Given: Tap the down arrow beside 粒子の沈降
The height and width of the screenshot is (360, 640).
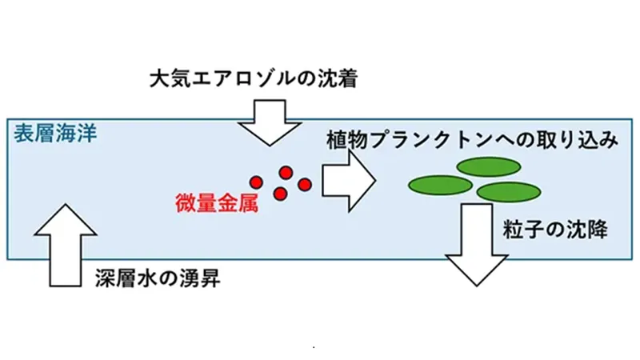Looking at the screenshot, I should click(476, 244).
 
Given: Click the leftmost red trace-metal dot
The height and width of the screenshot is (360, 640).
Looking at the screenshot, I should click(256, 181).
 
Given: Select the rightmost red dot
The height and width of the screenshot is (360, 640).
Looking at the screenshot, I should click(304, 185).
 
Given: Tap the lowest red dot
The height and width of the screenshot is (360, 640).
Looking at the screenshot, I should click(281, 194).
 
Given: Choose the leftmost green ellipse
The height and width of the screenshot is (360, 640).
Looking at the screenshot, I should click(439, 184).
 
